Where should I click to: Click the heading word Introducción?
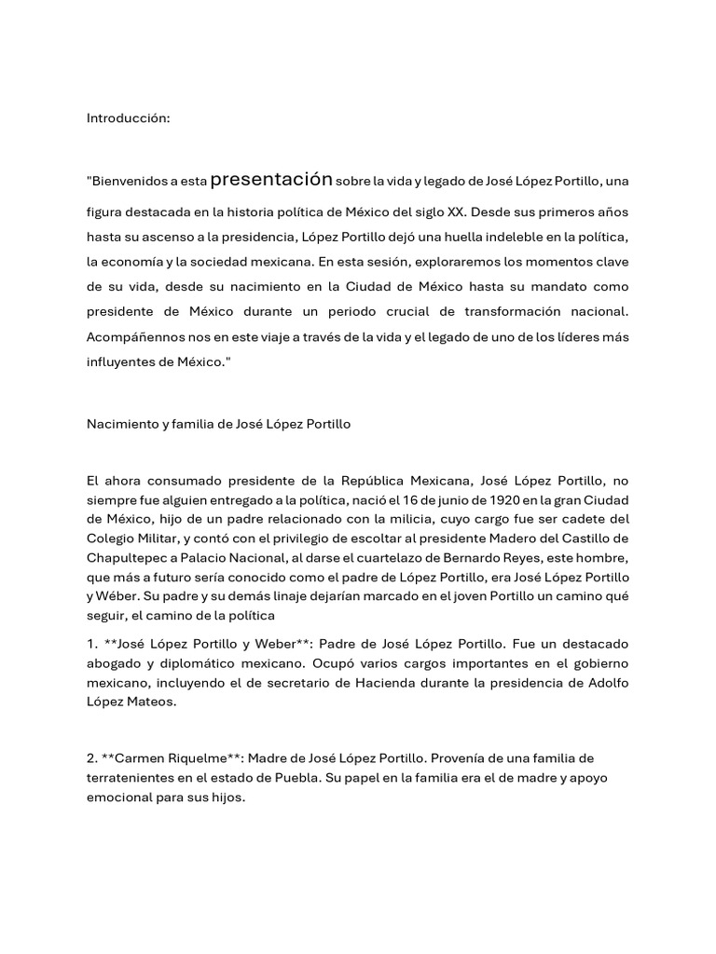(129, 118)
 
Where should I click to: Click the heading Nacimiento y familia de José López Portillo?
(218, 424)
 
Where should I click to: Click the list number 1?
(90, 645)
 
